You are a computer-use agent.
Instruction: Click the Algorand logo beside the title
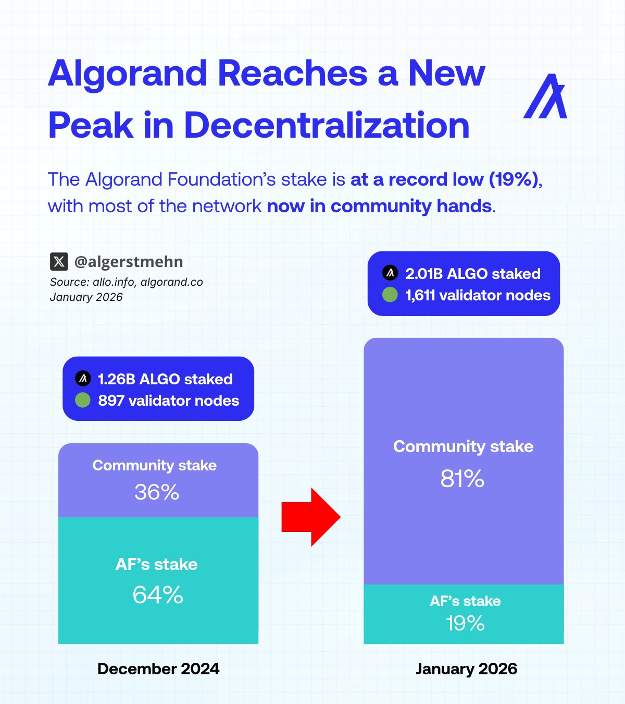(x=545, y=96)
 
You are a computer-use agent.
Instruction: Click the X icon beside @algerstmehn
(x=59, y=262)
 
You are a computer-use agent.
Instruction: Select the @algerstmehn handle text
(x=129, y=262)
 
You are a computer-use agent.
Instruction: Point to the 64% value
(x=158, y=595)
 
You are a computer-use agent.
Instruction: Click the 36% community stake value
(x=157, y=492)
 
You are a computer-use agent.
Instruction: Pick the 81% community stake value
(x=463, y=479)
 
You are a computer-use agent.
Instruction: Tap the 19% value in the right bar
(x=465, y=623)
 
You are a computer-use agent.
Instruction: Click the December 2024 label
(x=158, y=669)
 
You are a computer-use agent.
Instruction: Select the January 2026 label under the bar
(x=467, y=669)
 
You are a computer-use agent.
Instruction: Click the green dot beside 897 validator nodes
(x=83, y=400)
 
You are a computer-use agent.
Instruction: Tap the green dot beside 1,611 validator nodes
(x=390, y=295)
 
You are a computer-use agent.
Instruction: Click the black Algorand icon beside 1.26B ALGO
(x=83, y=379)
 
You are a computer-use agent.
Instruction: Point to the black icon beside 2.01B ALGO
(x=390, y=273)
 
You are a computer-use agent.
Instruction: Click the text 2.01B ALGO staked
(x=473, y=274)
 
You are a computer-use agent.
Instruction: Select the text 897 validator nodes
(x=169, y=400)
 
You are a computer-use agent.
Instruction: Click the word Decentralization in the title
(x=327, y=125)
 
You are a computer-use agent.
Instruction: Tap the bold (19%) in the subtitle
(x=514, y=179)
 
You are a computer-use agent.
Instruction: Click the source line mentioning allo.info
(x=127, y=282)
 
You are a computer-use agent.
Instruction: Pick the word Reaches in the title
(x=293, y=74)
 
